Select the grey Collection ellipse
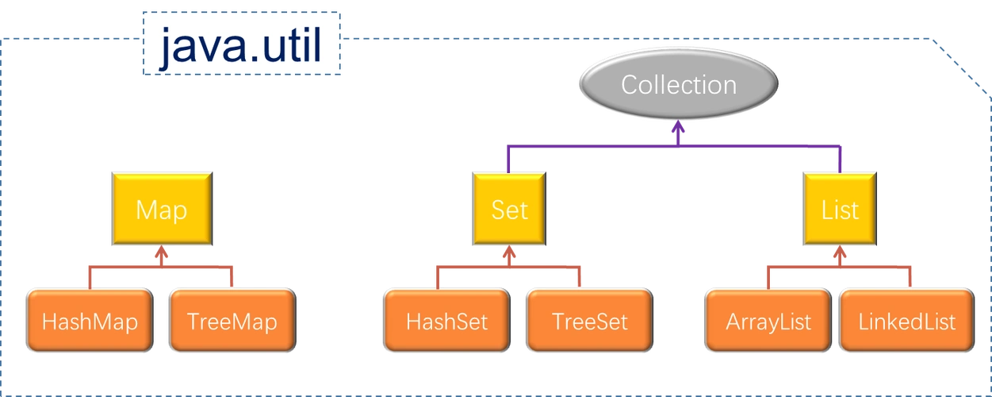tap(678, 85)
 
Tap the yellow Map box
tap(161, 210)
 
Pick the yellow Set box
tap(509, 210)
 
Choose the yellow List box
tap(840, 210)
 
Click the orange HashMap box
tap(90, 322)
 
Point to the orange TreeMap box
tap(232, 322)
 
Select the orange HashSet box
tap(446, 322)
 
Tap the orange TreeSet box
tap(589, 322)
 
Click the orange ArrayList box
tap(768, 322)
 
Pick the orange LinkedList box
tap(906, 322)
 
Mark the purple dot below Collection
tap(678, 129)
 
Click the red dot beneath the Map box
tap(161, 256)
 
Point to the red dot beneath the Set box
tap(509, 256)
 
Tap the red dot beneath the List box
tap(840, 256)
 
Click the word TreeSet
tap(589, 322)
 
